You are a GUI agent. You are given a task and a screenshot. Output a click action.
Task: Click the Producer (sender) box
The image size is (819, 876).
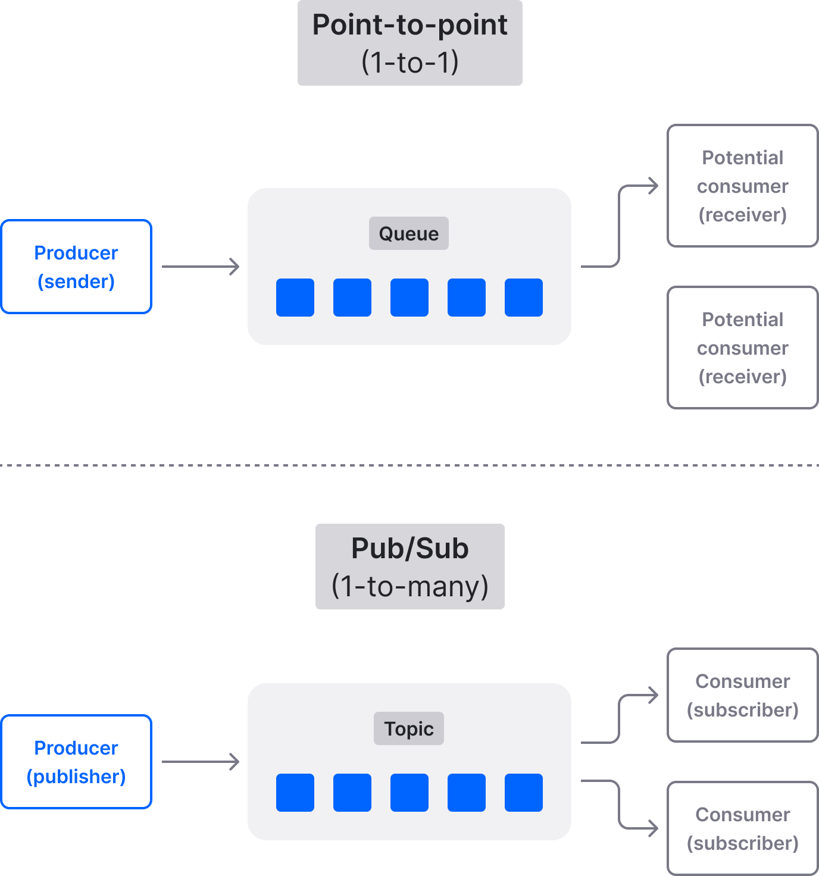(x=76, y=267)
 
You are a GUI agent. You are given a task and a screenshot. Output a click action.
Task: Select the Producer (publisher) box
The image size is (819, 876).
(x=76, y=762)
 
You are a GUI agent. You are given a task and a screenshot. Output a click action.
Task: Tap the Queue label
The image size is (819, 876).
(x=408, y=233)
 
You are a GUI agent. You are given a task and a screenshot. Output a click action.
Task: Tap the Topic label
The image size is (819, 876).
(x=408, y=728)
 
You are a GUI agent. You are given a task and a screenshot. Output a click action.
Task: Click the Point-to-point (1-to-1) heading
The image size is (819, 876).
(x=409, y=43)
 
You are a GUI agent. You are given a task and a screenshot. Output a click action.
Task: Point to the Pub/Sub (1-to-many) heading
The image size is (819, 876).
(x=409, y=567)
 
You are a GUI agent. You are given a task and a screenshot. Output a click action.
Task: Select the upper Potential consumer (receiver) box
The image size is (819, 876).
(x=742, y=186)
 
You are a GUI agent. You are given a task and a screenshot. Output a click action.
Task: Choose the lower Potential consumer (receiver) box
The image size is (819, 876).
(x=742, y=348)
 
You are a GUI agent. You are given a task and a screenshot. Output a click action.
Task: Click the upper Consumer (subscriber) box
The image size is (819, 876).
(x=742, y=695)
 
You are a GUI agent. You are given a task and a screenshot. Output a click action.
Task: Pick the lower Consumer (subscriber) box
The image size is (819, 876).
(x=742, y=828)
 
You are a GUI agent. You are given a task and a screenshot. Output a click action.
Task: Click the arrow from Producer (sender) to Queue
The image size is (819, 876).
(x=200, y=267)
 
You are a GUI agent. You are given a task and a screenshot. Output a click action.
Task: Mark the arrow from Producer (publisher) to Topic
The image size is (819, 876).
(x=200, y=762)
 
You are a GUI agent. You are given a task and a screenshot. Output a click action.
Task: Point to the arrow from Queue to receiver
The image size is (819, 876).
(x=619, y=226)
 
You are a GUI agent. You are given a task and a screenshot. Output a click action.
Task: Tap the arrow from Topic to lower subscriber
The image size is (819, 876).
(x=619, y=803)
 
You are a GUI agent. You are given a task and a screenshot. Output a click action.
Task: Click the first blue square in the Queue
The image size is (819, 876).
(x=295, y=298)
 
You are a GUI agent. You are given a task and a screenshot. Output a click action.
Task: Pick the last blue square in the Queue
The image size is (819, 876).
(x=524, y=298)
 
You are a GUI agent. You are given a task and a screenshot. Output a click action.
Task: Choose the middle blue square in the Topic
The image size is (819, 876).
(x=409, y=793)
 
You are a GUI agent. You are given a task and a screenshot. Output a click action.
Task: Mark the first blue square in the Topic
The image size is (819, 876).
(x=295, y=793)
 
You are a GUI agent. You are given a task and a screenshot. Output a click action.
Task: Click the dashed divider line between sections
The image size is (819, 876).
(x=409, y=465)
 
